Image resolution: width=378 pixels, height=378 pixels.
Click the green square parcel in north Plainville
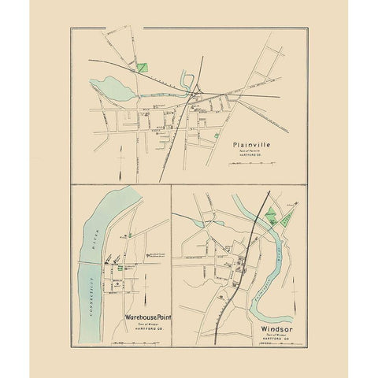(142, 67)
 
